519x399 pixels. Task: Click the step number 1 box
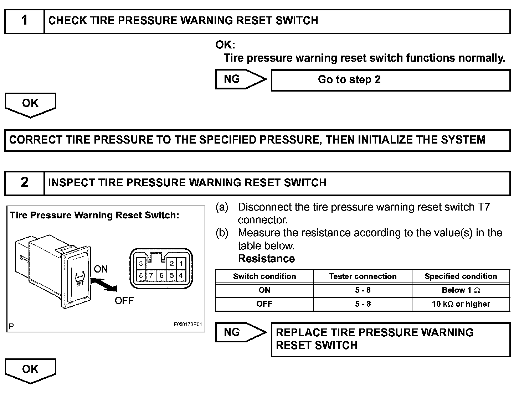click(24, 21)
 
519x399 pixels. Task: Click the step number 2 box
click(24, 183)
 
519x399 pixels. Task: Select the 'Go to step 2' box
click(390, 80)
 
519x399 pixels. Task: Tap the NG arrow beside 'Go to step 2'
click(240, 79)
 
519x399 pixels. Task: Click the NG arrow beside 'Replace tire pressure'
click(240, 332)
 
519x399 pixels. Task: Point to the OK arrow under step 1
click(30, 104)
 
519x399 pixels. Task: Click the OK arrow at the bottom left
click(30, 370)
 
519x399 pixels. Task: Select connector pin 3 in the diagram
click(141, 264)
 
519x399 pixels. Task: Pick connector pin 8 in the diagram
click(141, 275)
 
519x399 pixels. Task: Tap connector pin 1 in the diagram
click(181, 264)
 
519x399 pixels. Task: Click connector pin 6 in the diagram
click(161, 275)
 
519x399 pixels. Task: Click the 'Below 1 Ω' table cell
click(461, 290)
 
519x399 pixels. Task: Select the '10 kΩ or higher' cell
click(461, 304)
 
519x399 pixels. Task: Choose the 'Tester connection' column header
click(363, 276)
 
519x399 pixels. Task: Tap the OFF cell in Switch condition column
click(264, 304)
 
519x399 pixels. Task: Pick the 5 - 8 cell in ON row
click(363, 290)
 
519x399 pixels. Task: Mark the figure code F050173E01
click(188, 325)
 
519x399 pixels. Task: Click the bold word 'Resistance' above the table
click(266, 259)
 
